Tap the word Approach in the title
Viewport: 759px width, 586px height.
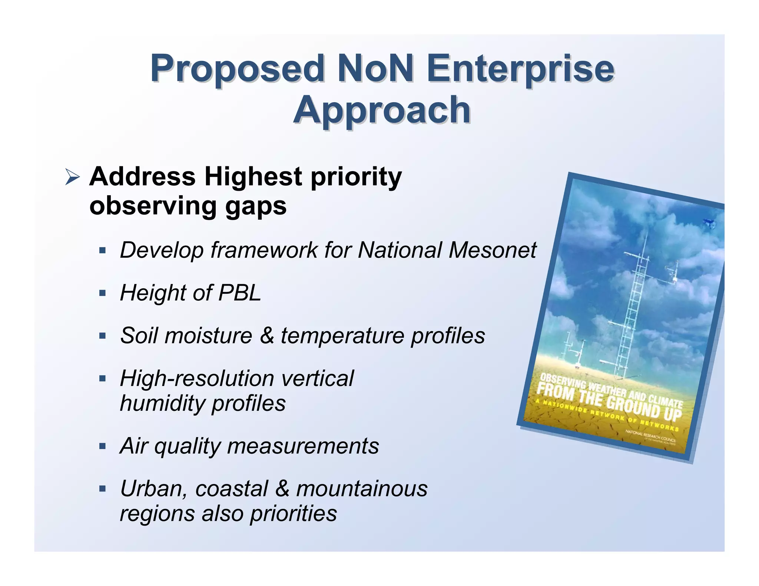point(382,110)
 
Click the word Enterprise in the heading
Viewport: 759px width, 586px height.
point(520,69)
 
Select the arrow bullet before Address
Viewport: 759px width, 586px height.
point(72,177)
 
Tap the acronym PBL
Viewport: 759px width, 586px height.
point(240,293)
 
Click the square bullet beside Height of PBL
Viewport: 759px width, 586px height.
point(103,293)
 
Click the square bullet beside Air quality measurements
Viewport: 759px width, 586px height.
point(103,446)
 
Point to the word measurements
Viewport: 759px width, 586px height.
point(303,446)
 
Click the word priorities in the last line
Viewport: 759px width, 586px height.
point(293,514)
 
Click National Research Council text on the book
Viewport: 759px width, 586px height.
point(650,436)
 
